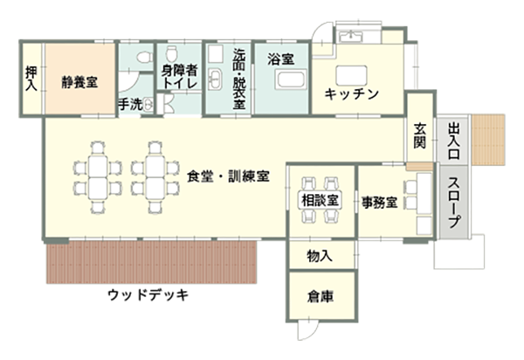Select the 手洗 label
[129, 104]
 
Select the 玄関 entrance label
[419, 136]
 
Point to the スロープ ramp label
[454, 204]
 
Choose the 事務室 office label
[381, 203]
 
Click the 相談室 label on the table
[321, 200]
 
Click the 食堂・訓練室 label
[227, 175]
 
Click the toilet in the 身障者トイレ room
[171, 53]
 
